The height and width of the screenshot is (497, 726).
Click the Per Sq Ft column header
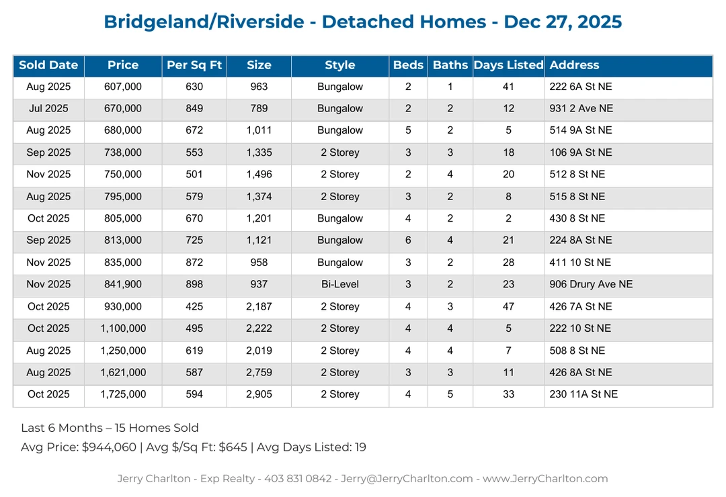point(194,65)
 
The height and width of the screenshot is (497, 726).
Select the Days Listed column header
point(508,65)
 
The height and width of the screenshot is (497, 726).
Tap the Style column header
point(339,65)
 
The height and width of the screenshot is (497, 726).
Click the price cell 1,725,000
point(123,394)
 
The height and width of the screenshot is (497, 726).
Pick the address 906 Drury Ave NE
point(591,284)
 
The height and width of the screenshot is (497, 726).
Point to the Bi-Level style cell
point(339,284)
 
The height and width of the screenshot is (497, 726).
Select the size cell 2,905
point(259,394)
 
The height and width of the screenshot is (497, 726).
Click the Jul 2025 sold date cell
point(48,108)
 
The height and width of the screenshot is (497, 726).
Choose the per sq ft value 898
point(194,284)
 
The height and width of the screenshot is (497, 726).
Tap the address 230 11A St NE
point(583,394)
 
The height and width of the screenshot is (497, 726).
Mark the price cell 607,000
point(123,87)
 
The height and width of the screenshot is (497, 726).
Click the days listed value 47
point(508,306)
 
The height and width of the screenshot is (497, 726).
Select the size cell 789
point(259,108)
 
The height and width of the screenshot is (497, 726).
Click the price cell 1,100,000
point(123,328)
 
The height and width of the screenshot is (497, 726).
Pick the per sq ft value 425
point(194,306)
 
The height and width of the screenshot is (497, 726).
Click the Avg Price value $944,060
point(109,447)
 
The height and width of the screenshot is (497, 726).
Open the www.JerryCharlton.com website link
point(545,479)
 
